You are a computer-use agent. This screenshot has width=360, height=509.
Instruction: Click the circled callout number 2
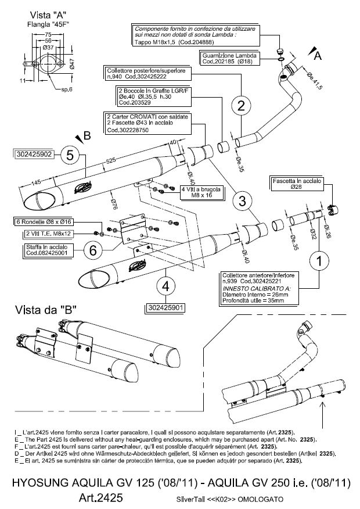pyautogui.click(x=241, y=105)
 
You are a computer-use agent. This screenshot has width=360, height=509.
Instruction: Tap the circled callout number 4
pyautogui.click(x=166, y=286)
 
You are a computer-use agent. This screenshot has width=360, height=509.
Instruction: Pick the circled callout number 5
pyautogui.click(x=70, y=155)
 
